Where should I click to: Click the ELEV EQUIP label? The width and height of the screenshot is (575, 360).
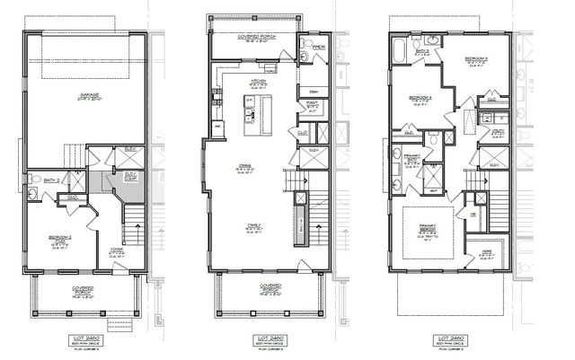click(x=130, y=177)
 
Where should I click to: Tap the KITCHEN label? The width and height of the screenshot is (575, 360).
click(x=258, y=81)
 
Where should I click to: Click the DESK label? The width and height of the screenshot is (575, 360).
click(x=315, y=91)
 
